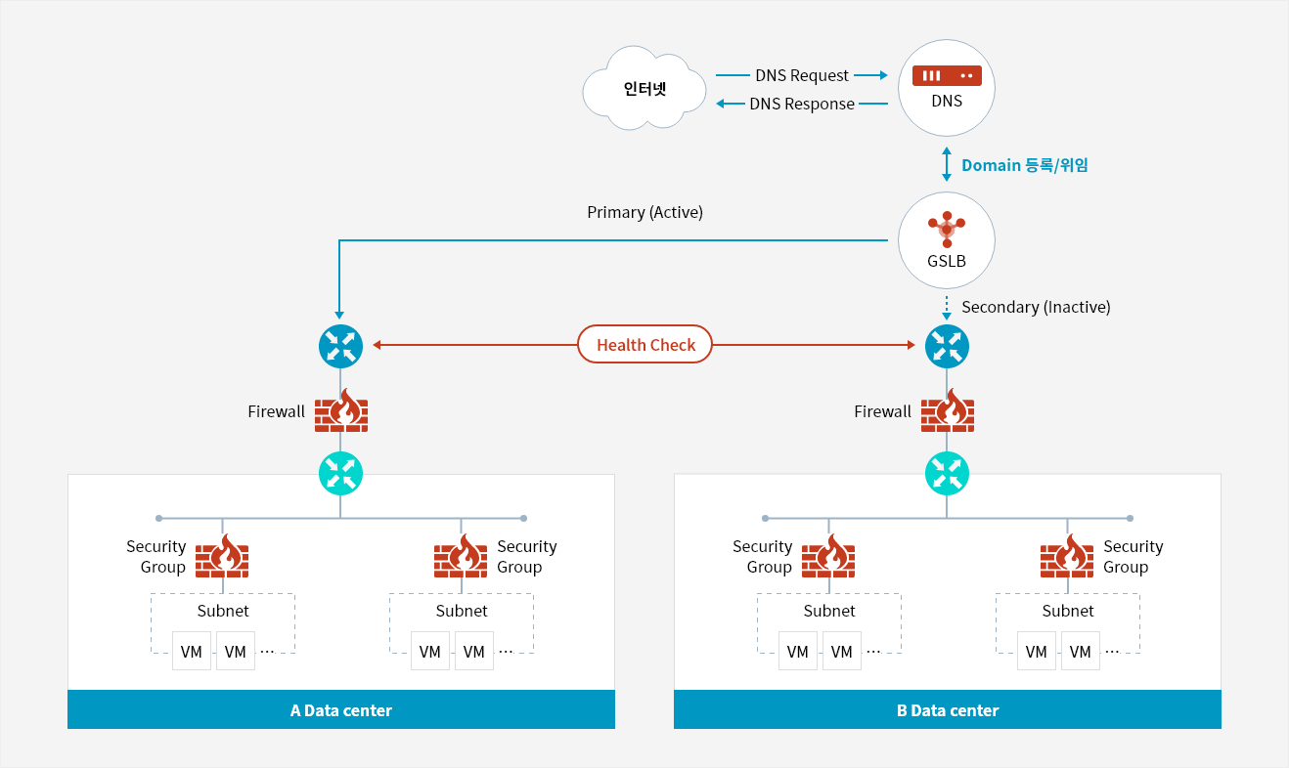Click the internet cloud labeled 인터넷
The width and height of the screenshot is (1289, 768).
tap(644, 88)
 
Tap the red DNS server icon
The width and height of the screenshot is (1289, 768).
tap(947, 75)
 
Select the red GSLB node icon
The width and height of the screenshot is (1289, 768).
tap(947, 229)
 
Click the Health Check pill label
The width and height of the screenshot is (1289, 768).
tap(645, 344)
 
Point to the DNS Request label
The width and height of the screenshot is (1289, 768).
tap(802, 75)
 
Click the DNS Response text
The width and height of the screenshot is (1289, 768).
tap(802, 104)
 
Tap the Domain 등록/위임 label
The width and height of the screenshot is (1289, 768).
tap(1024, 165)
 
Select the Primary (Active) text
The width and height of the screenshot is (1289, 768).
tap(644, 212)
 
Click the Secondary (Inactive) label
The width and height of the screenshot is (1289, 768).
tap(1036, 307)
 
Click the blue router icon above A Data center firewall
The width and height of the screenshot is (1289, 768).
tap(340, 346)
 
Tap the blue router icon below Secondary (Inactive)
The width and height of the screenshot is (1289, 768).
tap(947, 346)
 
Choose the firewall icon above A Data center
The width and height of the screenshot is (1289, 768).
tap(341, 410)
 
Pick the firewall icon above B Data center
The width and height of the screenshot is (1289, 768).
tap(947, 410)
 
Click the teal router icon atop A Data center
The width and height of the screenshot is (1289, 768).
tap(340, 474)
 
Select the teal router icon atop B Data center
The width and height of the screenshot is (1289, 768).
tap(947, 474)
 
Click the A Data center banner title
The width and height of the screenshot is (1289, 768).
tap(340, 710)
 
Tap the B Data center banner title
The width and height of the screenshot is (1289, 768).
tap(947, 710)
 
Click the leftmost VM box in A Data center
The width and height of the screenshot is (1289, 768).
tap(191, 651)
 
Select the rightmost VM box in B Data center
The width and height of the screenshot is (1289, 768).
tap(1080, 651)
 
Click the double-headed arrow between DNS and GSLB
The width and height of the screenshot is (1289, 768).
tap(947, 164)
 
